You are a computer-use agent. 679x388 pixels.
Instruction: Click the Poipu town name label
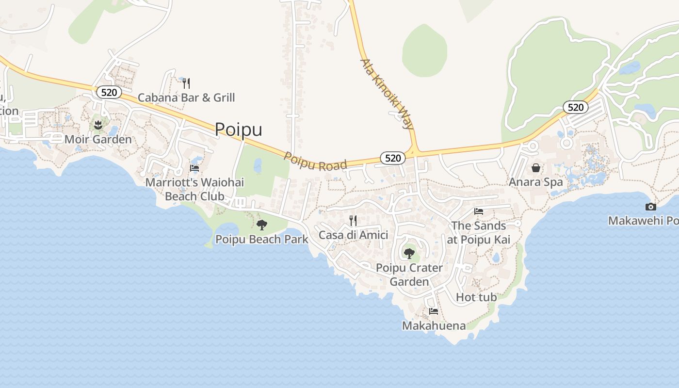point(238,129)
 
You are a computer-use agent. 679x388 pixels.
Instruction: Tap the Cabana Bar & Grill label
point(186,97)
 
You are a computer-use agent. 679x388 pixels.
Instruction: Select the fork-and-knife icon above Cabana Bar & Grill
point(186,83)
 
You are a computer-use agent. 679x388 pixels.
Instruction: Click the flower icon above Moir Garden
point(98,125)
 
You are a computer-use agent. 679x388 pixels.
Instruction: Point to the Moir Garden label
point(98,140)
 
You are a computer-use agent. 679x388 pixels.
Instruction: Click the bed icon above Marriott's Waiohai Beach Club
point(194,168)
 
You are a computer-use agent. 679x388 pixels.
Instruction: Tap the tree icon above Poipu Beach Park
point(262,225)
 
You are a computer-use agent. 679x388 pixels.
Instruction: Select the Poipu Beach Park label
point(262,239)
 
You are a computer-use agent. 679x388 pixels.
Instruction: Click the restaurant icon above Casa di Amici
point(353,221)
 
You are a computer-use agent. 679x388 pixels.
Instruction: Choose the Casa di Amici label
point(353,235)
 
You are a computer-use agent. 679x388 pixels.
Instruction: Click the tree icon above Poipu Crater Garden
point(409,253)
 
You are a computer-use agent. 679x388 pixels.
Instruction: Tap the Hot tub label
point(476,297)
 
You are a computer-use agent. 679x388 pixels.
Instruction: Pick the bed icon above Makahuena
point(434,311)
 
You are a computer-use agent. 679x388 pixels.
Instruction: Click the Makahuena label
point(434,325)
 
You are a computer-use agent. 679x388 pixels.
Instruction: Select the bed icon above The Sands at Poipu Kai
point(479,211)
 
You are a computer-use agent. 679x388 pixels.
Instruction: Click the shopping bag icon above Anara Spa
point(536,168)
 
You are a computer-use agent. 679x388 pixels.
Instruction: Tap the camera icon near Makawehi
point(651,207)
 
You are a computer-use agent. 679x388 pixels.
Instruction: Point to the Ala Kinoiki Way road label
point(387,94)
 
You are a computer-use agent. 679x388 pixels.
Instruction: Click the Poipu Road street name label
point(315,162)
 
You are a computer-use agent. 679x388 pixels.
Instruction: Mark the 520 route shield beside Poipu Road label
point(393,158)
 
